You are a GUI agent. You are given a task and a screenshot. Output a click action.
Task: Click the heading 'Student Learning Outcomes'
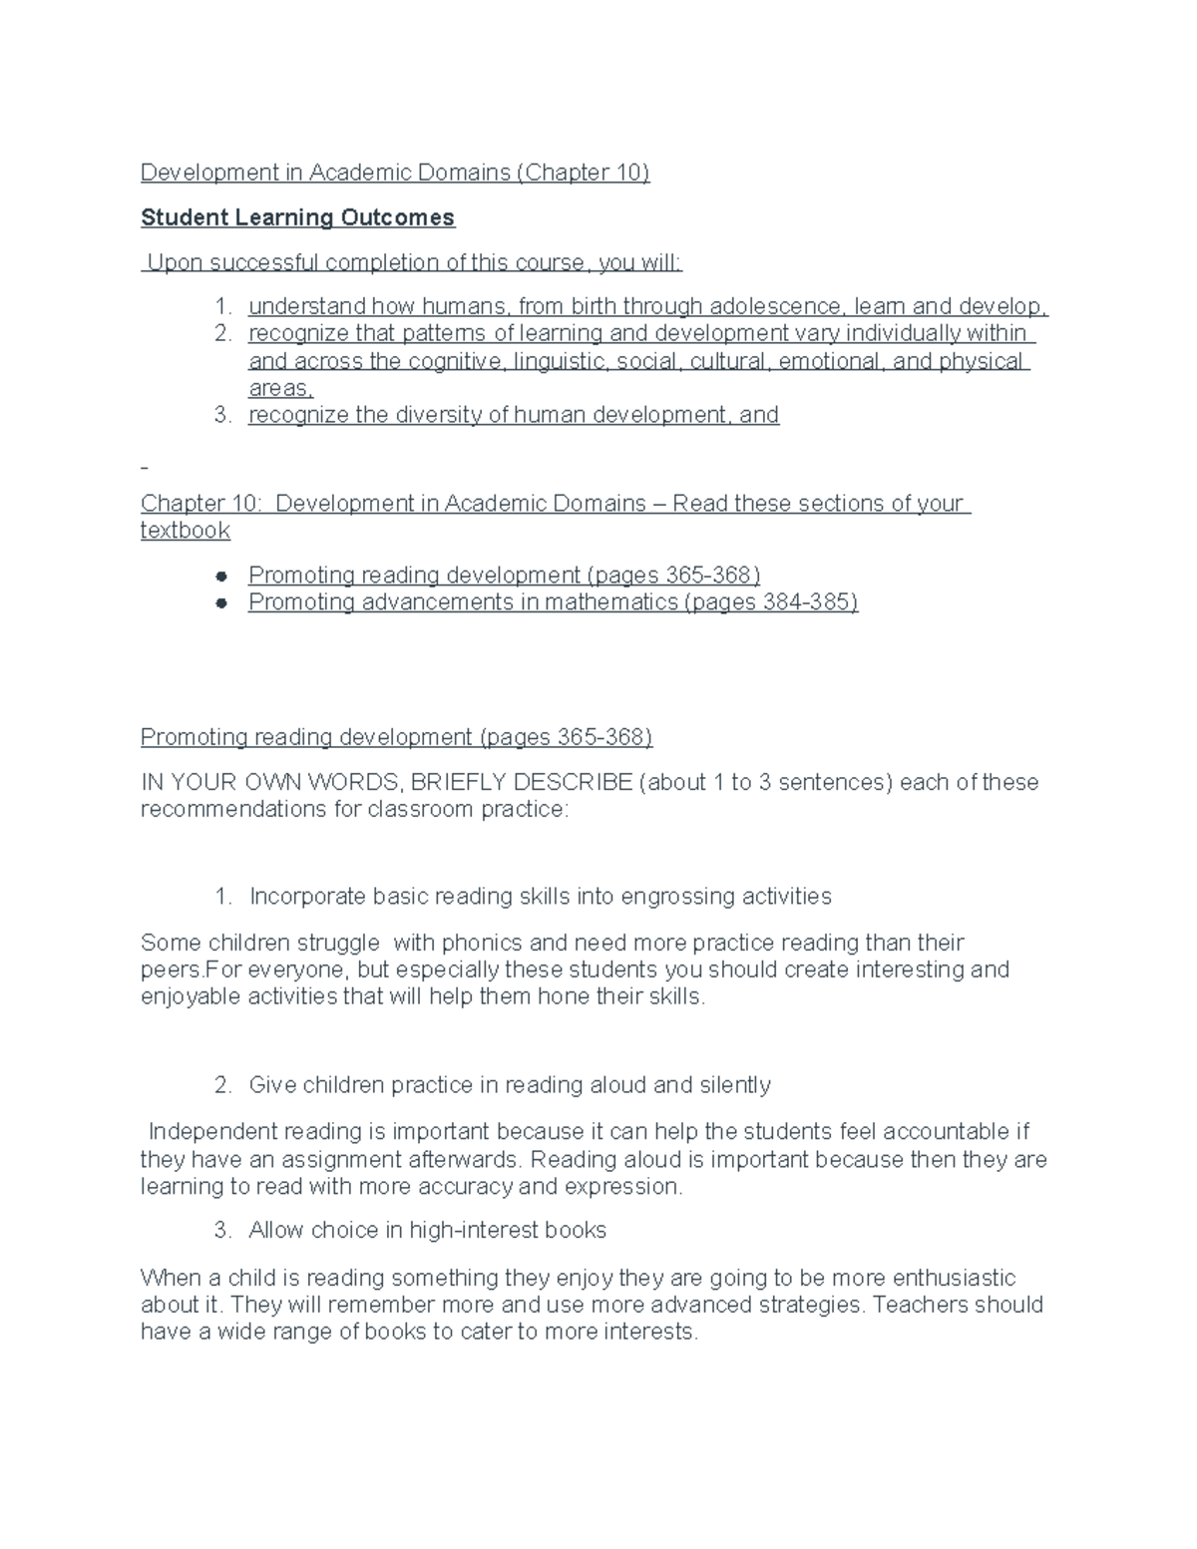click(297, 217)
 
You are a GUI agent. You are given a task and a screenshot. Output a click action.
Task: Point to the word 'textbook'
click(186, 531)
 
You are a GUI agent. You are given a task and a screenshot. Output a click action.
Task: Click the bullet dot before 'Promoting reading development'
click(222, 576)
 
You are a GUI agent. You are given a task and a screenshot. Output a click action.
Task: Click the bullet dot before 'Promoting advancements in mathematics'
click(222, 602)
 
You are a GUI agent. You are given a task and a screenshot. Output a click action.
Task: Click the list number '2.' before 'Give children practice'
click(223, 1085)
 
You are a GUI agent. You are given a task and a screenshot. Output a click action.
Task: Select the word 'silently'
click(734, 1085)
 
